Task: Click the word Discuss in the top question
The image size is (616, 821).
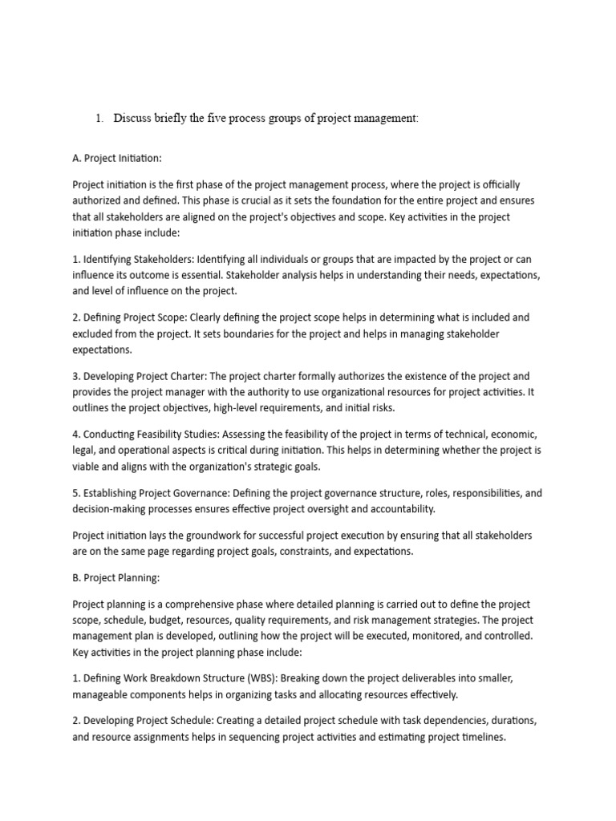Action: click(x=133, y=118)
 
